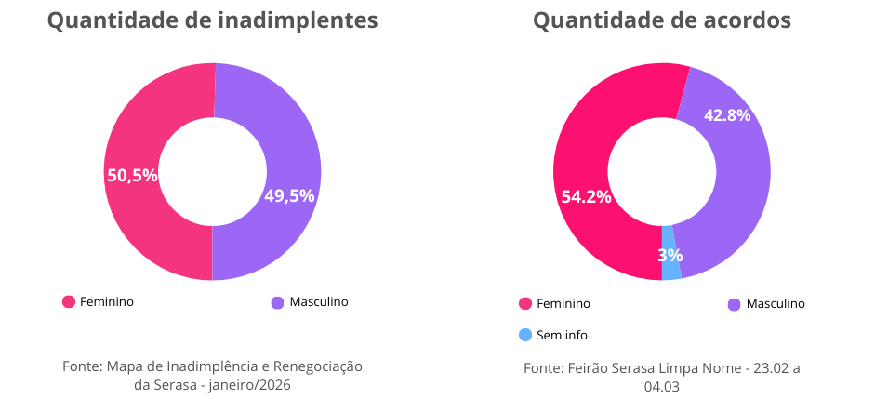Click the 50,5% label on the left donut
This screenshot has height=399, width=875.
pos(132,175)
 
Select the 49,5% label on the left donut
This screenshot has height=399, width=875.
pos(289,195)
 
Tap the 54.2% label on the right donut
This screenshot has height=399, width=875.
pos(586,196)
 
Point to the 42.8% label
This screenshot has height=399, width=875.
pos(727,115)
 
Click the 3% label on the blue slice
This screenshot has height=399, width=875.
pos(670,255)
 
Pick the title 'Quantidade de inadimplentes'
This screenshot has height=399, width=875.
pos(212,20)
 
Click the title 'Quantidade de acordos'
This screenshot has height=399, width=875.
pos(661,20)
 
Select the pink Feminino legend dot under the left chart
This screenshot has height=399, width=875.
pos(68,301)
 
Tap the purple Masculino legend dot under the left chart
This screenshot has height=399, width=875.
pos(277,302)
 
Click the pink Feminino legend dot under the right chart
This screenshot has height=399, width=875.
pos(525,303)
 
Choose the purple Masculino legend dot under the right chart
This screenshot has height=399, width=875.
pos(734,304)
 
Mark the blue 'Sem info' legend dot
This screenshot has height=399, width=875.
pos(525,335)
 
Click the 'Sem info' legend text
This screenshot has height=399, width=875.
pos(562,335)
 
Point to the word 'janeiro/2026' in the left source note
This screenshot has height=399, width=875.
pos(251,384)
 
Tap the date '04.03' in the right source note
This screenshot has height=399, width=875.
pos(661,386)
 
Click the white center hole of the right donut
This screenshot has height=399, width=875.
pos(661,172)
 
